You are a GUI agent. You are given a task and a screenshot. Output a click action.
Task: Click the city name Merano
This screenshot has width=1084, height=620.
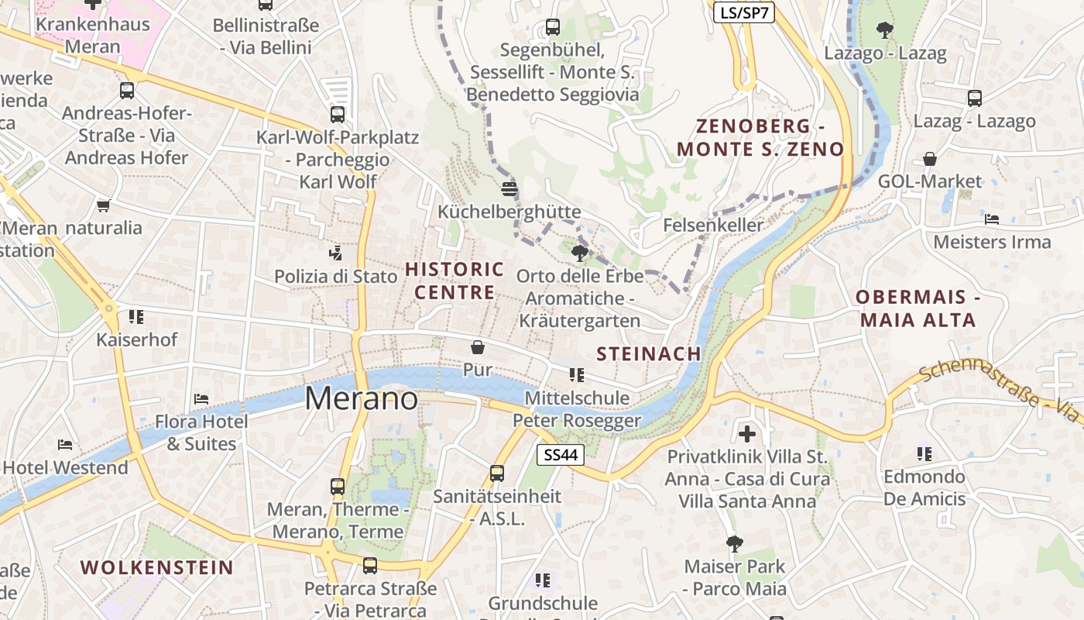tap(361, 398)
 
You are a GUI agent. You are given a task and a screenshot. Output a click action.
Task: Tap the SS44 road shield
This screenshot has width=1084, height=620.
tap(561, 455)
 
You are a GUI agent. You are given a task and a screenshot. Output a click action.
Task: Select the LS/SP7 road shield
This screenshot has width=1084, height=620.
tap(743, 12)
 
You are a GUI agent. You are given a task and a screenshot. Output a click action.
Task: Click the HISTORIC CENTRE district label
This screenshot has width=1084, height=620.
tap(455, 281)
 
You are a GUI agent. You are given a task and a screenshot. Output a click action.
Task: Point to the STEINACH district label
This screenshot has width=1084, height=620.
tap(649, 353)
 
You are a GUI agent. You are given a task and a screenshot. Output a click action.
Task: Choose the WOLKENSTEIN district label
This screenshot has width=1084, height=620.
tap(156, 567)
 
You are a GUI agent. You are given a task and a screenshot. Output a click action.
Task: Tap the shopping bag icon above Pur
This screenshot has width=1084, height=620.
tap(478, 347)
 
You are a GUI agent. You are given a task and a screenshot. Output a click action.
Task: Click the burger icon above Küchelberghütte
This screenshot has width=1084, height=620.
tap(509, 188)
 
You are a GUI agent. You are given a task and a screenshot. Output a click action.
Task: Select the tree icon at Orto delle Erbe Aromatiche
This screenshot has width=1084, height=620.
tap(578, 253)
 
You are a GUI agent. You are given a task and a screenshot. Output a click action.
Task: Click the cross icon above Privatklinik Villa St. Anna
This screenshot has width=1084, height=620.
tap(747, 433)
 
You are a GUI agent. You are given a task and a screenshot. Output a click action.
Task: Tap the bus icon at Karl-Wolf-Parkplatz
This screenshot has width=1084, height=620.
tap(338, 115)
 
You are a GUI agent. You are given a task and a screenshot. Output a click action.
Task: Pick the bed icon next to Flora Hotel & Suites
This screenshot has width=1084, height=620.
tap(201, 399)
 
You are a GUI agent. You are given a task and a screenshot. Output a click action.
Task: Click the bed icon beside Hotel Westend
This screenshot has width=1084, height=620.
tap(65, 445)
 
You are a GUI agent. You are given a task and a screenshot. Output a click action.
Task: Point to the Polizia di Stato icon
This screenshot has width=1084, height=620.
tap(335, 253)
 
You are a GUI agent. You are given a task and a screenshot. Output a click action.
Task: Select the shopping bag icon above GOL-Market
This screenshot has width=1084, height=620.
tap(929, 159)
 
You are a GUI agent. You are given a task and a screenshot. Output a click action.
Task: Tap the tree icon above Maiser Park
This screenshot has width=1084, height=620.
tap(734, 543)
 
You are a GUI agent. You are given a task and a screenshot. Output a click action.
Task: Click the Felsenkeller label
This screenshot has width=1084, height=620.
tap(713, 225)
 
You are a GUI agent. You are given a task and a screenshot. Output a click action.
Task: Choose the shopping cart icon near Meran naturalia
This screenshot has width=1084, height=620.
tap(103, 205)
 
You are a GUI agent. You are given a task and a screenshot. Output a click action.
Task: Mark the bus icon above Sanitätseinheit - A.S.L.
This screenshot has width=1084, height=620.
tap(497, 473)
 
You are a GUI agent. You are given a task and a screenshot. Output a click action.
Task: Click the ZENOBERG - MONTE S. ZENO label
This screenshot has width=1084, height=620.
tap(760, 137)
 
